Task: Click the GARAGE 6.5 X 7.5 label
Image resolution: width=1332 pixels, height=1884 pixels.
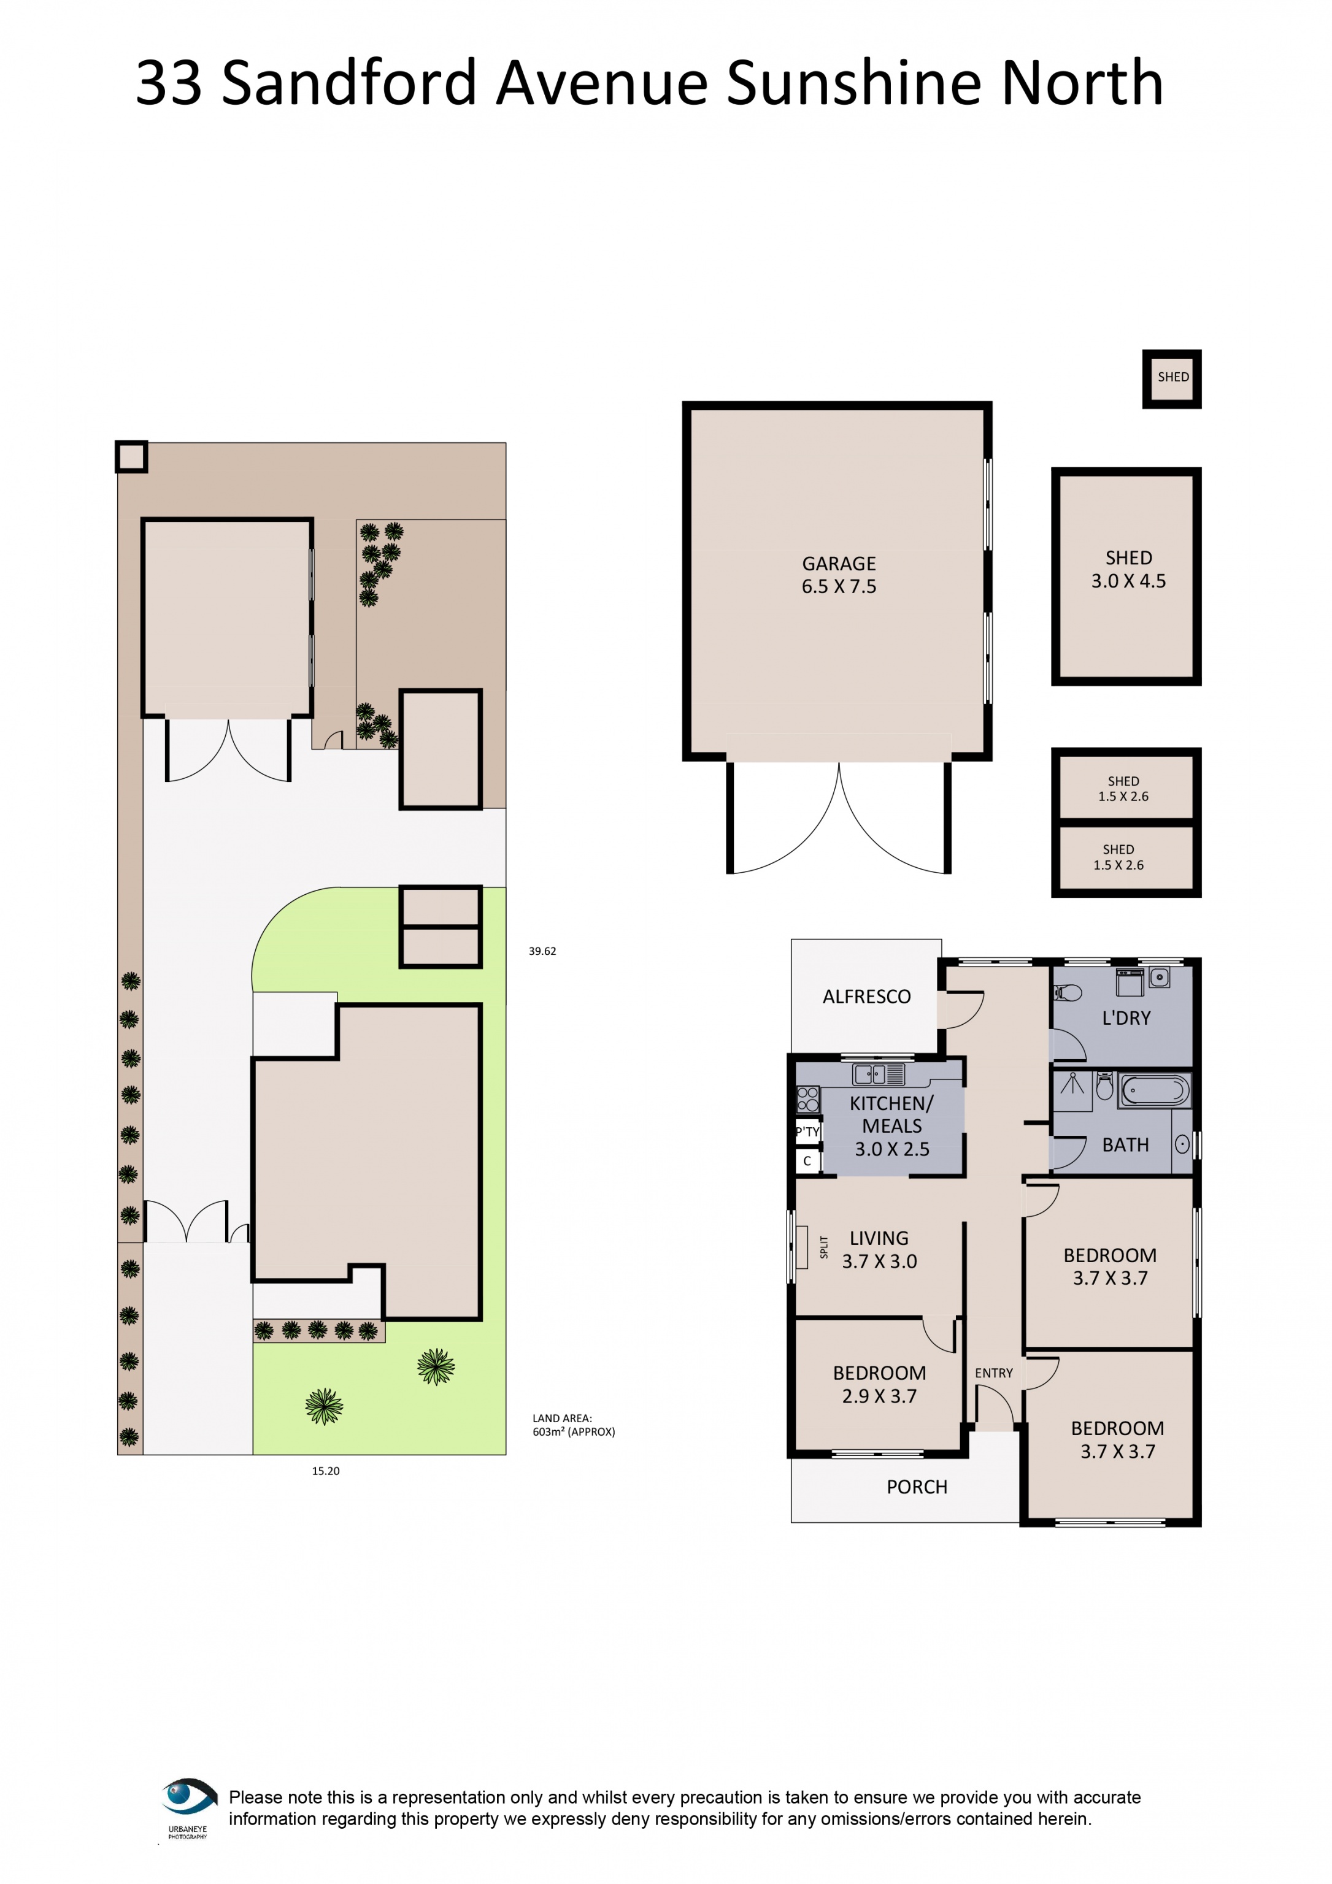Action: [838, 575]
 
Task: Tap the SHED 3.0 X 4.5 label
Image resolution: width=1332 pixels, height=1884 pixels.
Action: [1128, 570]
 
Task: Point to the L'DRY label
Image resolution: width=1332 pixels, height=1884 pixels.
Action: [1125, 1017]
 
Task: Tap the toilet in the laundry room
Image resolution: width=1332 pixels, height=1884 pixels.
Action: [1067, 993]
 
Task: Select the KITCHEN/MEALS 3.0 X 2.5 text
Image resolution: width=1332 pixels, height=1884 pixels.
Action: [891, 1126]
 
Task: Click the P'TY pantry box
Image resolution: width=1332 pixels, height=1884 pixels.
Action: [807, 1132]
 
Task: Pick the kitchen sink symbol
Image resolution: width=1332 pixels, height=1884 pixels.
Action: [878, 1073]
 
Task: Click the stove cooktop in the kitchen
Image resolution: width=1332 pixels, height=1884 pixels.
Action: [807, 1099]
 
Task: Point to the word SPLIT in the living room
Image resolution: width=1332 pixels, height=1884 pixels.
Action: [824, 1247]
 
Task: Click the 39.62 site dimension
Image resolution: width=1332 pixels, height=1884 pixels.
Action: [542, 951]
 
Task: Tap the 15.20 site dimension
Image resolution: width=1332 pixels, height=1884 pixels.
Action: [325, 1471]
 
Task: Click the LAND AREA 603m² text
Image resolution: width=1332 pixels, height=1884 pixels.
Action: [573, 1425]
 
